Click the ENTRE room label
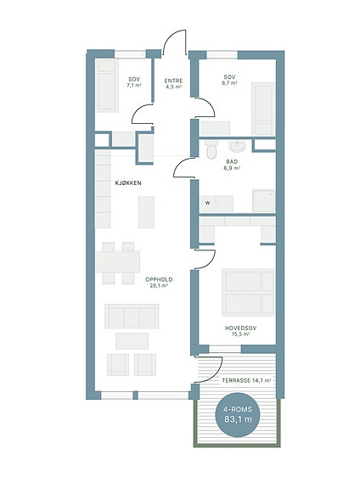(x=173, y=81)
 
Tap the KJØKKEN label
(x=128, y=183)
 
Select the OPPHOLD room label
(x=159, y=279)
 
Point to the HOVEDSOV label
(x=241, y=328)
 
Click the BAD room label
(x=232, y=162)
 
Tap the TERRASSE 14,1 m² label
(x=246, y=380)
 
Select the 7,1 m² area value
(x=134, y=85)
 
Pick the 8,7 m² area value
(x=230, y=83)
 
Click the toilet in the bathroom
(x=211, y=149)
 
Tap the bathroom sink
(x=237, y=145)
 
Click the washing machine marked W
(x=208, y=204)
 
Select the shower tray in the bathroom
(x=263, y=201)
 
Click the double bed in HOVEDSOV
(x=248, y=293)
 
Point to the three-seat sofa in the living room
(x=132, y=316)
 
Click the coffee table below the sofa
(x=132, y=341)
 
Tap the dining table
(x=118, y=262)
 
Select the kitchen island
(x=146, y=212)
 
